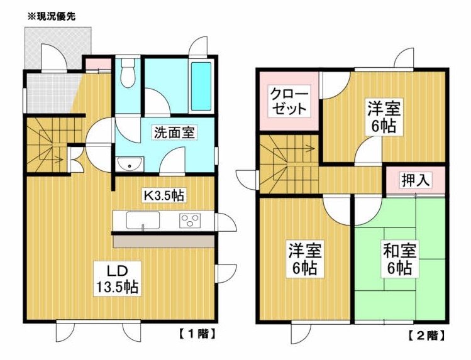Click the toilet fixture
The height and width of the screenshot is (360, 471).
pos(128,73)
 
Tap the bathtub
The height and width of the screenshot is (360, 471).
pos(201,87)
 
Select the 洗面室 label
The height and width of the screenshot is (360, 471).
pos(175,133)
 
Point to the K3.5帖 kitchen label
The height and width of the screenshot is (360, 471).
pos(163,195)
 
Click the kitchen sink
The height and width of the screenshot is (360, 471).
pos(143,220)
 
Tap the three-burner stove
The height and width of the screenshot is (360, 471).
pos(190,220)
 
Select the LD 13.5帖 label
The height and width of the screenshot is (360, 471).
pos(117,278)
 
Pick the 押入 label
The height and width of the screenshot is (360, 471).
pos(416,180)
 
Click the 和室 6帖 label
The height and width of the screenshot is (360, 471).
pos(399,259)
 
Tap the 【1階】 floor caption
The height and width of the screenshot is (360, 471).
pos(197,334)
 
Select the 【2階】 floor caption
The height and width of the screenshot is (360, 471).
pos(426,335)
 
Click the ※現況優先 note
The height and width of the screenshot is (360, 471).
pos(52,16)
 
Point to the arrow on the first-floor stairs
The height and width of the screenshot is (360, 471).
pos(58,160)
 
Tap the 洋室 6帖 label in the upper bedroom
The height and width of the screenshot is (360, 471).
pos(384,117)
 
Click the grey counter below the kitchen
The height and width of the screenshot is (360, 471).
pos(163,241)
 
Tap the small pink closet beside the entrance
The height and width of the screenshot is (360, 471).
pos(98,63)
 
